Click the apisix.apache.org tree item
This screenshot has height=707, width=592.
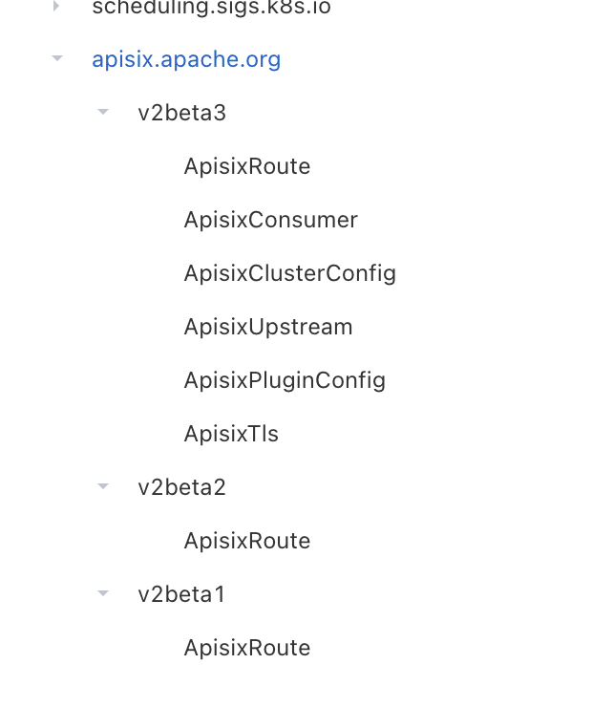point(186,59)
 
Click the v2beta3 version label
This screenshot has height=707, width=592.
point(182,113)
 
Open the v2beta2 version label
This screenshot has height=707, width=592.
point(182,487)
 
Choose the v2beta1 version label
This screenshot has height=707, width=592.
point(182,594)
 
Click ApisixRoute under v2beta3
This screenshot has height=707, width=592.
point(247,166)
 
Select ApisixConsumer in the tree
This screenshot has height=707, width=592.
point(271,220)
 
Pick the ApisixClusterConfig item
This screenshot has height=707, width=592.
point(290,273)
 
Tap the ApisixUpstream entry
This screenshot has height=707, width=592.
point(268,327)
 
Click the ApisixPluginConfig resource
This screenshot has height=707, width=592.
point(285,380)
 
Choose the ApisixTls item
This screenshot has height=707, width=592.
point(231,434)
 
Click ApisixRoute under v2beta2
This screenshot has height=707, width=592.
point(247,541)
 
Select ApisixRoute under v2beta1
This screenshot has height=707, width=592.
point(247,648)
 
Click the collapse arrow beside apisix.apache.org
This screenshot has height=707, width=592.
point(57,59)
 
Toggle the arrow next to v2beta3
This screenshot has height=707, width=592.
point(103,113)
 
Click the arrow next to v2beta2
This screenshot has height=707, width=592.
point(103,487)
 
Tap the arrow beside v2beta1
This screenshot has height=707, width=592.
point(103,594)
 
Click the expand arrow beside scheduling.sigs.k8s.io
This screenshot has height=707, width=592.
point(56,7)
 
